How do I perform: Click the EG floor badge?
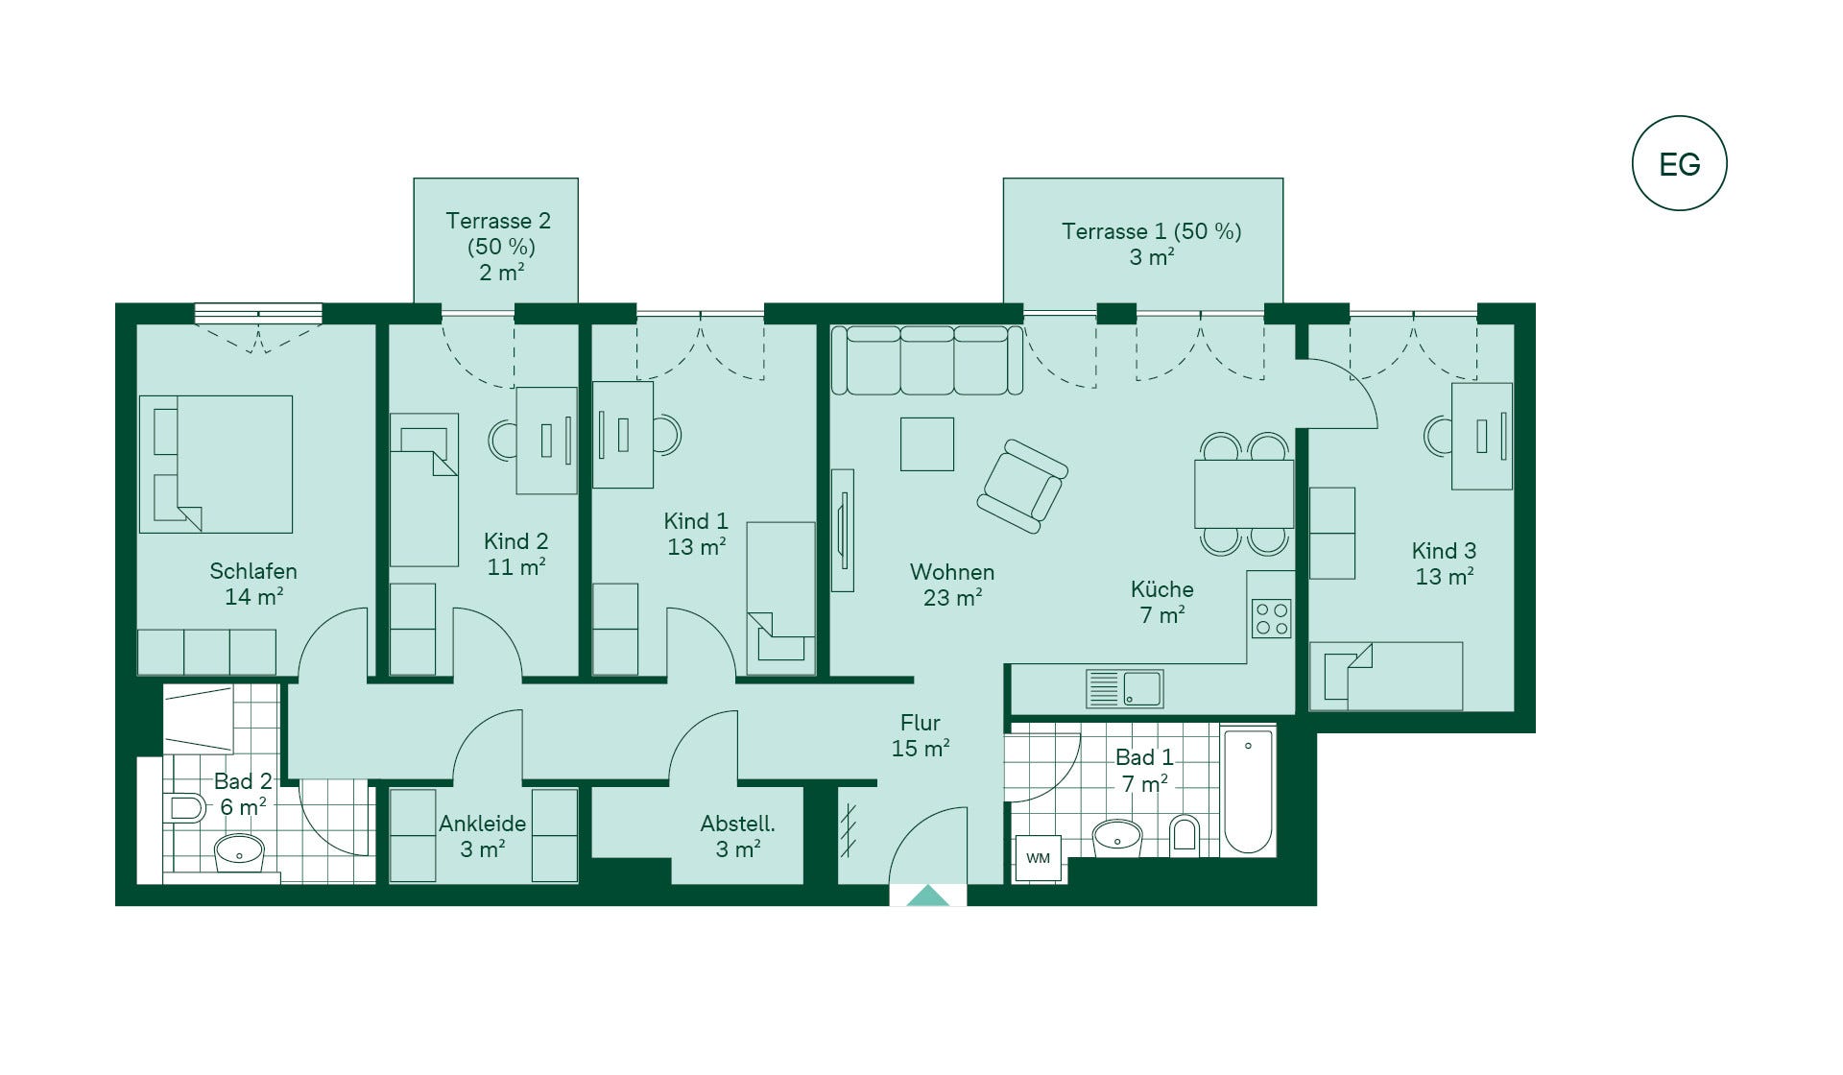point(1679,163)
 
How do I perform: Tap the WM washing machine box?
point(1039,858)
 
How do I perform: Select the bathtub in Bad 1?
point(1248,791)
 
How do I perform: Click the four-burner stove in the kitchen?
point(1272,618)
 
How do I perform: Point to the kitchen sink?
point(1124,688)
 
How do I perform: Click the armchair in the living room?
point(1022,487)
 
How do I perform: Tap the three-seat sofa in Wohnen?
point(927,360)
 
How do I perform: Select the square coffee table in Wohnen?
point(927,443)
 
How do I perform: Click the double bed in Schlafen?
point(216,465)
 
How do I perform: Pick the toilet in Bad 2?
point(184,807)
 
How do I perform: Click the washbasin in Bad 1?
point(1117,837)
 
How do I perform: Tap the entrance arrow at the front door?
point(928,896)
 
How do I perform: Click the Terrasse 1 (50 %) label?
point(1151,231)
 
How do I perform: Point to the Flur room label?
point(920,723)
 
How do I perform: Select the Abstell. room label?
point(737,824)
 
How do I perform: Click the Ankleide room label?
point(482,824)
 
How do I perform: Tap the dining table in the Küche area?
point(1244,493)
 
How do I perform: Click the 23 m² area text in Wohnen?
point(952,598)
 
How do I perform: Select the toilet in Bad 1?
point(1185,833)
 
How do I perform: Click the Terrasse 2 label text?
point(498,221)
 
